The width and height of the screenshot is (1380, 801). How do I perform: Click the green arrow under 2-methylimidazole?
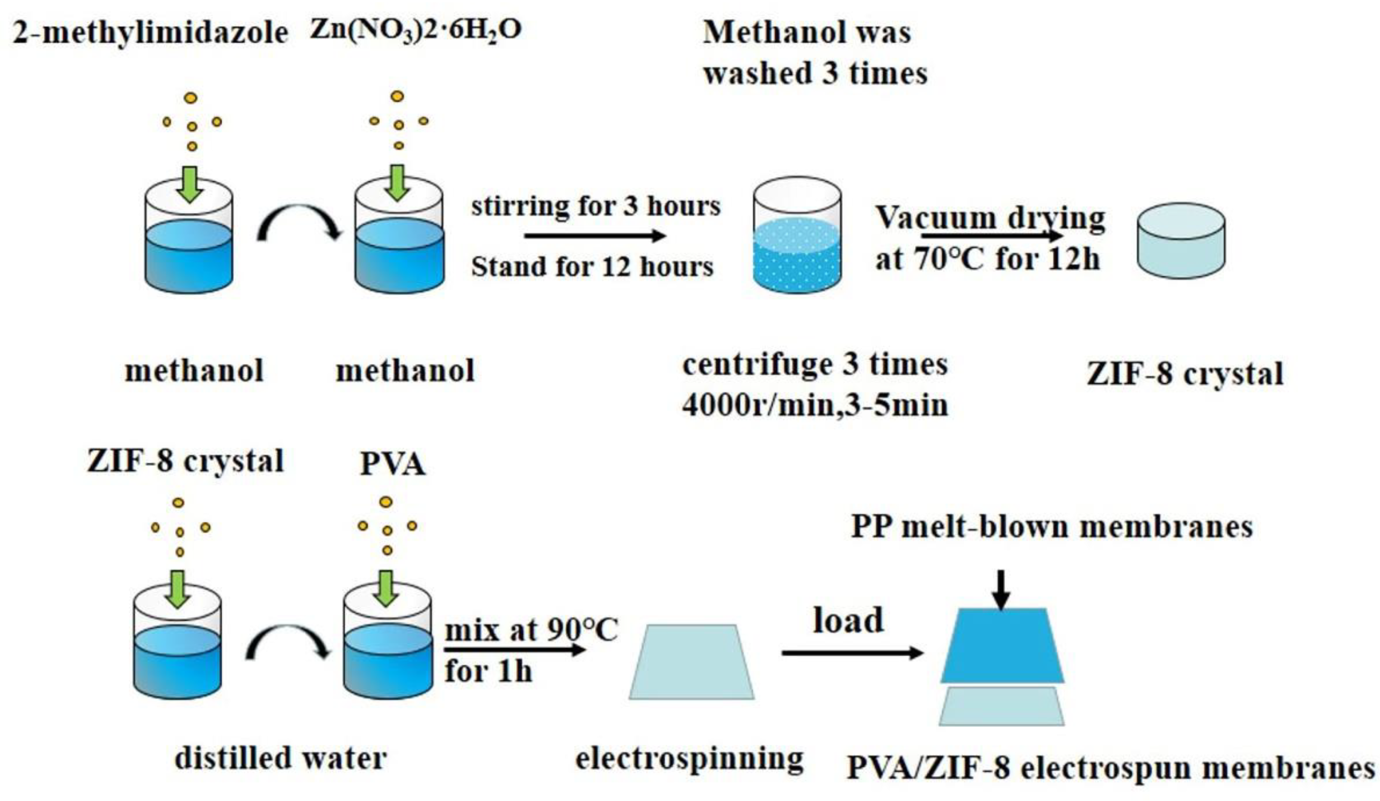pos(189,184)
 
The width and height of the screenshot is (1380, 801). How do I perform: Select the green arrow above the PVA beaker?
pos(386,589)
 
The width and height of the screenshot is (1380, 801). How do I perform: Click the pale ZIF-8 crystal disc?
pos(1181,241)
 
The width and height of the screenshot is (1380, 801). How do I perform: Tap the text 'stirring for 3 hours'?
pos(596,207)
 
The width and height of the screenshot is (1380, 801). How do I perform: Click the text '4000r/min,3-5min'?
pos(815,406)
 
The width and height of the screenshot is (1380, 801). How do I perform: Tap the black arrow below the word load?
pos(852,653)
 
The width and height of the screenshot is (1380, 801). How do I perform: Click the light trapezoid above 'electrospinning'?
pos(691,663)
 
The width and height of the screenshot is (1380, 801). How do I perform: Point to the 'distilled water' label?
pos(280,758)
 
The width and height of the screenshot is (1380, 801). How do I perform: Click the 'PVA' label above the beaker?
pos(392,464)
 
